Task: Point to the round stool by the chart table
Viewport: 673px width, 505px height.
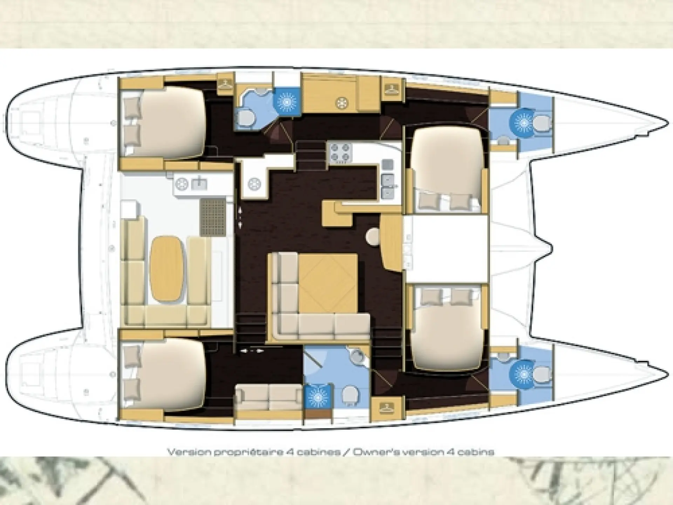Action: (373, 236)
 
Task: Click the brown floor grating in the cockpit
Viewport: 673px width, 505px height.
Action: (213, 217)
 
